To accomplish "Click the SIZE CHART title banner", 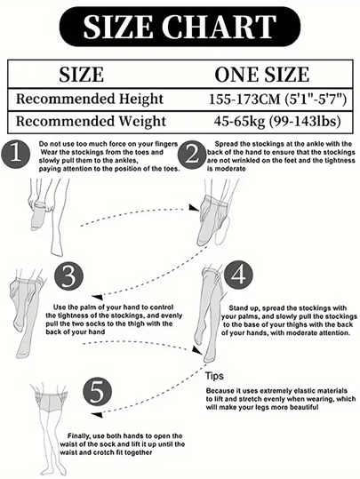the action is tap(180, 27).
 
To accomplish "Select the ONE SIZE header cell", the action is tap(262, 75).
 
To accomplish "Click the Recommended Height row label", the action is tap(90, 99).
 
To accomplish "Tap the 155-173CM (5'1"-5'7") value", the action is tap(277, 100).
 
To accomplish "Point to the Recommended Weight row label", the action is tap(91, 121).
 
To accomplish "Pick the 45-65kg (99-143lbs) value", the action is tap(277, 121).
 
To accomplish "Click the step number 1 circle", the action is tap(16, 155).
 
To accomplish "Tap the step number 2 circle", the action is tap(192, 155).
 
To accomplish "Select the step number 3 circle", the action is tap(68, 276).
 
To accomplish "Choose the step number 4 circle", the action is tap(238, 275).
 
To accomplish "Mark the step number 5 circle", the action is tap(97, 392).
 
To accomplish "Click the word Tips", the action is tap(214, 376).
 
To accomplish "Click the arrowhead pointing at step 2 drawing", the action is tap(194, 208).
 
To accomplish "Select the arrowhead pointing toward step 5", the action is tap(97, 415).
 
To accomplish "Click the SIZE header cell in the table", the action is tap(81, 75).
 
